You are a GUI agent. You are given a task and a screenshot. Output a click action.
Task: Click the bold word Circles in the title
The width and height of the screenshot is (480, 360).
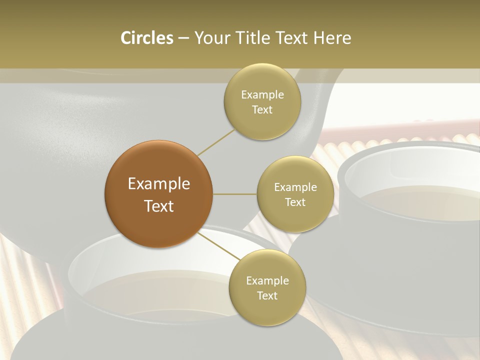[x=146, y=38]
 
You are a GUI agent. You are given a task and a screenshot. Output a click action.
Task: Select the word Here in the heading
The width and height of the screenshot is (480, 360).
[x=332, y=38]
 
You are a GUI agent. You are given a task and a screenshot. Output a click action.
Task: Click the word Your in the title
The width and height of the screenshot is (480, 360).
[x=211, y=38]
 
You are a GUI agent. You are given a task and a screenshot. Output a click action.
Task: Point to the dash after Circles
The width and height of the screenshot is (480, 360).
[x=183, y=38]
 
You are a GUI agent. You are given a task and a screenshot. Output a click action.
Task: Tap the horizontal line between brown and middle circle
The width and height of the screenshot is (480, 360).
[x=235, y=194]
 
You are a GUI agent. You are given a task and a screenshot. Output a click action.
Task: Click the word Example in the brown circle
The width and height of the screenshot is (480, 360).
[x=159, y=184]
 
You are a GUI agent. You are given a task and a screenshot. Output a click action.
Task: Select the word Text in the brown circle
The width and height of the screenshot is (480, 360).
[x=159, y=205]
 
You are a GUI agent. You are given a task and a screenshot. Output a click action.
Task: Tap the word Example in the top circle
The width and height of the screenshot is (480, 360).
[x=262, y=95]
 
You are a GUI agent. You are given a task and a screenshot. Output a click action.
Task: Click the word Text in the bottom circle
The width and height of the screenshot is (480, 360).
[x=267, y=295]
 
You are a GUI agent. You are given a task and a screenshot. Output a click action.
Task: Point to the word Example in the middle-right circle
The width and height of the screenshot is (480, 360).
[x=295, y=187]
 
